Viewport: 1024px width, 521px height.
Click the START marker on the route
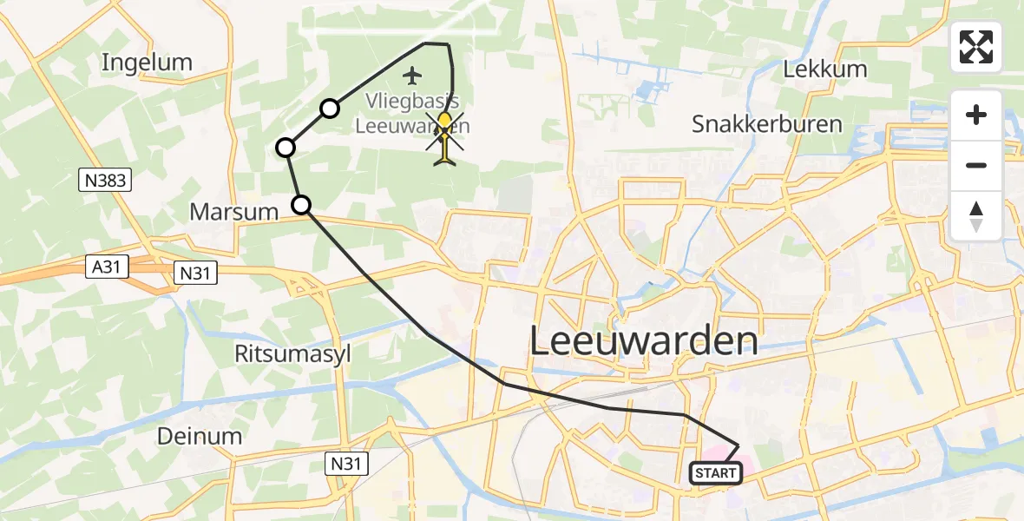717,473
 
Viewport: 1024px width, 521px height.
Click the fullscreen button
976,47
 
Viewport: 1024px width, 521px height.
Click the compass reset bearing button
976,215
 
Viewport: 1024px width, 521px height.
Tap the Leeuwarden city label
643,341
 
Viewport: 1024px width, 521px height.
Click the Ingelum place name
147,62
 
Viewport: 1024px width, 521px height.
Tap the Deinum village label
200,436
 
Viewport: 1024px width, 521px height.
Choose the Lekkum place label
825,69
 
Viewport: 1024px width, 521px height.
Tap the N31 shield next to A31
195,273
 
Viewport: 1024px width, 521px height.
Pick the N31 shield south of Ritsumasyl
348,465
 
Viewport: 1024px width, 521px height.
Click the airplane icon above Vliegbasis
411,76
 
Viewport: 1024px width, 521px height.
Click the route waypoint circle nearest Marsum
300,205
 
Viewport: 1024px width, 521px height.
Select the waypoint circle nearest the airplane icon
330,109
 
